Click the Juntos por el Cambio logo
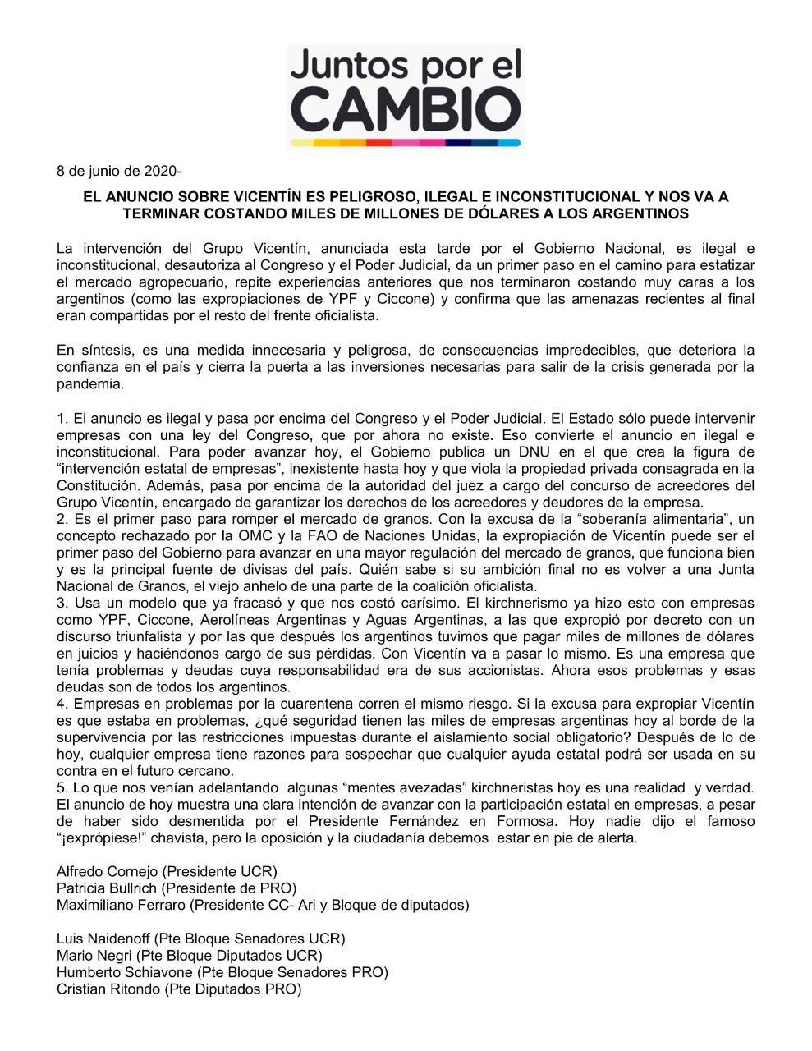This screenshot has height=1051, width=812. point(406,95)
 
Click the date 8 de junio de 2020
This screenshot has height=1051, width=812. point(117,172)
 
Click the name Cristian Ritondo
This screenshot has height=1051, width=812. point(108,989)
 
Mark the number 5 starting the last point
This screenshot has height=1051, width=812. point(61,787)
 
